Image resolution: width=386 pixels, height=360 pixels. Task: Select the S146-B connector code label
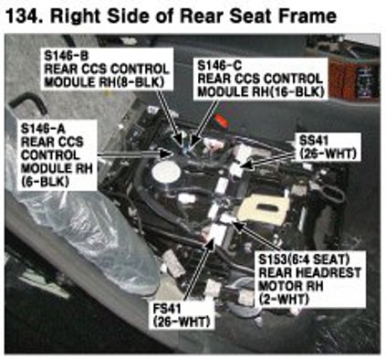point(67,56)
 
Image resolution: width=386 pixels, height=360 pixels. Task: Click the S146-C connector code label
point(220,66)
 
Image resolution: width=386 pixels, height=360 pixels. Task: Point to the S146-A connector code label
point(43,129)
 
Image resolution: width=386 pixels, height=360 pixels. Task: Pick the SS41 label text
point(314,141)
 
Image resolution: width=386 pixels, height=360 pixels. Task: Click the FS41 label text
point(167,309)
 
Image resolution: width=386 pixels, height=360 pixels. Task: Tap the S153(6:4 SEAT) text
point(304,259)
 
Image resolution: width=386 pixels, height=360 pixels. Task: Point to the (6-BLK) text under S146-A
point(45,182)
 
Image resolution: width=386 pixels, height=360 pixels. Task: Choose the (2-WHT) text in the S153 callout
point(284,300)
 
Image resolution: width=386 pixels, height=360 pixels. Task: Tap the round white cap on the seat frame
point(167,173)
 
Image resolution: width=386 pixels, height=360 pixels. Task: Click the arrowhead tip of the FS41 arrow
point(212,237)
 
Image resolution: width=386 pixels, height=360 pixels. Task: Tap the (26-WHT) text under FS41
point(182,323)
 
